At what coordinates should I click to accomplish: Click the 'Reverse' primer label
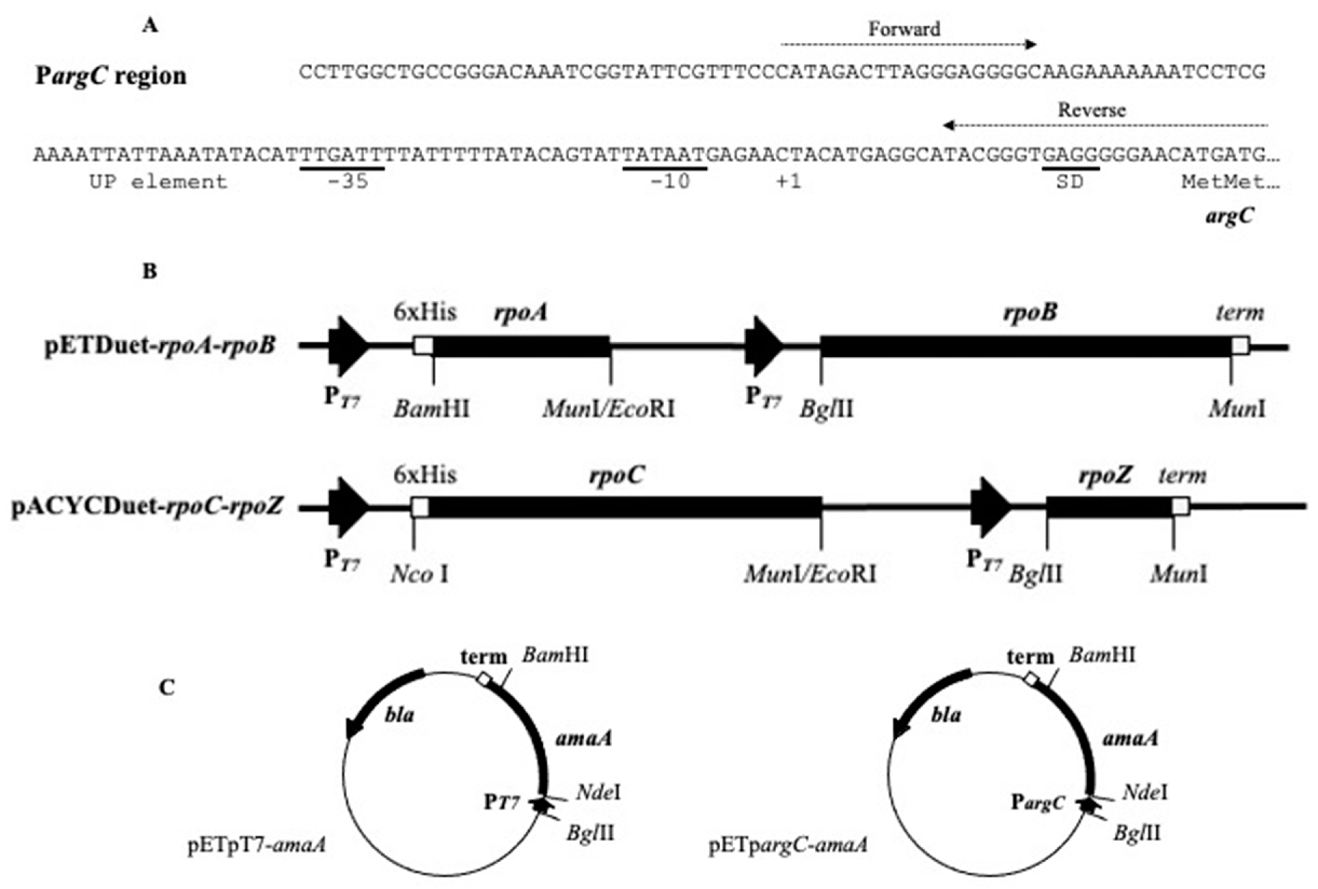(1091, 110)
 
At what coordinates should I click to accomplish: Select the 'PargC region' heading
(111, 76)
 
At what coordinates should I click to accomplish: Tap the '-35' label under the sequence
(348, 182)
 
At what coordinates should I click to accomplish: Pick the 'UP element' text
(158, 182)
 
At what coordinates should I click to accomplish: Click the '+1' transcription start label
(789, 182)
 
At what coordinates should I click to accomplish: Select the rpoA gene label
(520, 312)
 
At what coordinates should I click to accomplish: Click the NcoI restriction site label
(420, 574)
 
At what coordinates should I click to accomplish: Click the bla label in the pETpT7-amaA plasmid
(399, 715)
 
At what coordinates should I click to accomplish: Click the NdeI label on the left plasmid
(598, 792)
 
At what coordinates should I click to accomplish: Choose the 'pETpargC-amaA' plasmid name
(788, 845)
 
